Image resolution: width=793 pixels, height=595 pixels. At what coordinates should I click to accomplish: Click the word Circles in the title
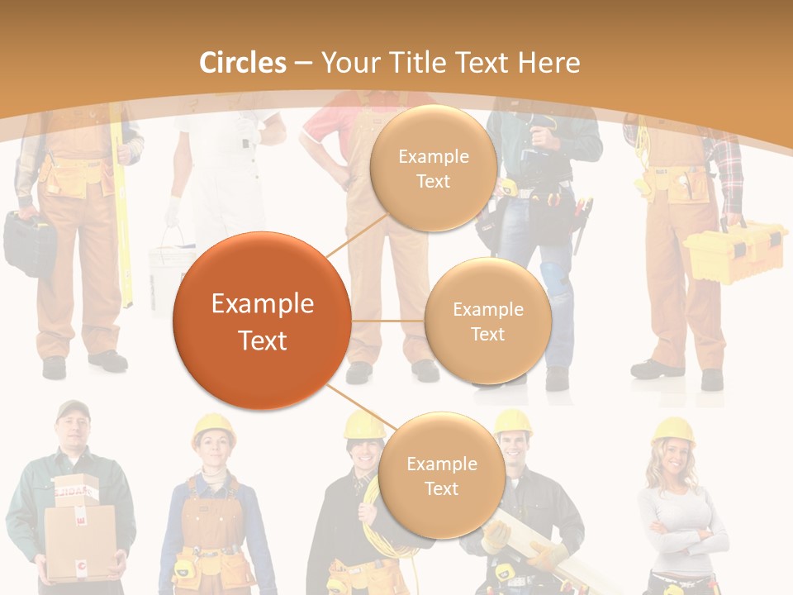click(x=243, y=63)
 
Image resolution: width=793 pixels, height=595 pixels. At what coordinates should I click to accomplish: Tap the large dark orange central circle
click(x=262, y=321)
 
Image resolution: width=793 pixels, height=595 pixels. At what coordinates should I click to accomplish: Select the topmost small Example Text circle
click(x=433, y=169)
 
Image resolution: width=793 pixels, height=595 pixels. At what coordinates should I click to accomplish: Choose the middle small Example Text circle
click(x=487, y=321)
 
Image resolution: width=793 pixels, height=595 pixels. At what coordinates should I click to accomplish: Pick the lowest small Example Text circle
click(x=441, y=476)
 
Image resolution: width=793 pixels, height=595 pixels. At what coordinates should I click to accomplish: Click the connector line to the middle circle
click(x=388, y=321)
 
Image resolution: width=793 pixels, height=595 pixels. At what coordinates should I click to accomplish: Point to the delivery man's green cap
click(x=73, y=409)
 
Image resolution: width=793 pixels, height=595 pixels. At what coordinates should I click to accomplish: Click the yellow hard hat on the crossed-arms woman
click(x=673, y=430)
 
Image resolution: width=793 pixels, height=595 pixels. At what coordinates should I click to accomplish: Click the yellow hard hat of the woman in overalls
click(x=213, y=428)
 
